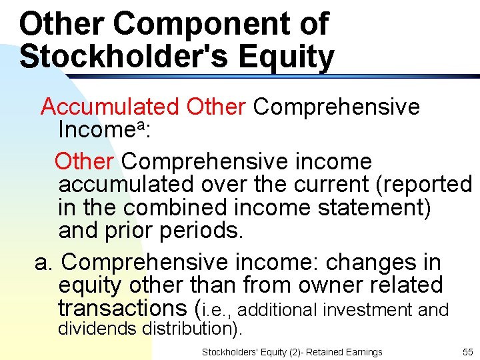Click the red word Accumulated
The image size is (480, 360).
pos(110,106)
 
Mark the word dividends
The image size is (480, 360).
pos(99,328)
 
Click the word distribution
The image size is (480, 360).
pos(193,328)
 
